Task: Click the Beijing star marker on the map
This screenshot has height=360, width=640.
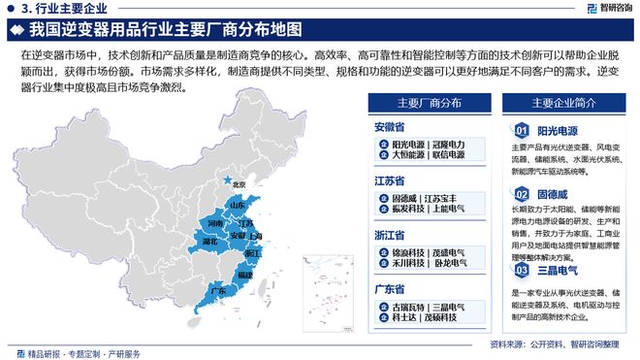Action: pyautogui.click(x=228, y=180)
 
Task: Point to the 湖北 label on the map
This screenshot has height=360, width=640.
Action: pyautogui.click(x=208, y=238)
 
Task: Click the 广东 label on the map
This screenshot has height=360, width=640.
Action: pyautogui.click(x=218, y=290)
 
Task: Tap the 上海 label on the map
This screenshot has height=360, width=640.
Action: pyautogui.click(x=256, y=235)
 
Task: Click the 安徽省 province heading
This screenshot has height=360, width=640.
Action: pyautogui.click(x=390, y=126)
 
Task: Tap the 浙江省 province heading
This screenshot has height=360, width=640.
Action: pyautogui.click(x=390, y=235)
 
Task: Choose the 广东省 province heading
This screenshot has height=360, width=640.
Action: pyautogui.click(x=390, y=289)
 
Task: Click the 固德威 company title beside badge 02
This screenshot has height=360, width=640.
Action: pyautogui.click(x=555, y=194)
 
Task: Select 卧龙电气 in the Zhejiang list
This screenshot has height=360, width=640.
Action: pyautogui.click(x=452, y=262)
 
